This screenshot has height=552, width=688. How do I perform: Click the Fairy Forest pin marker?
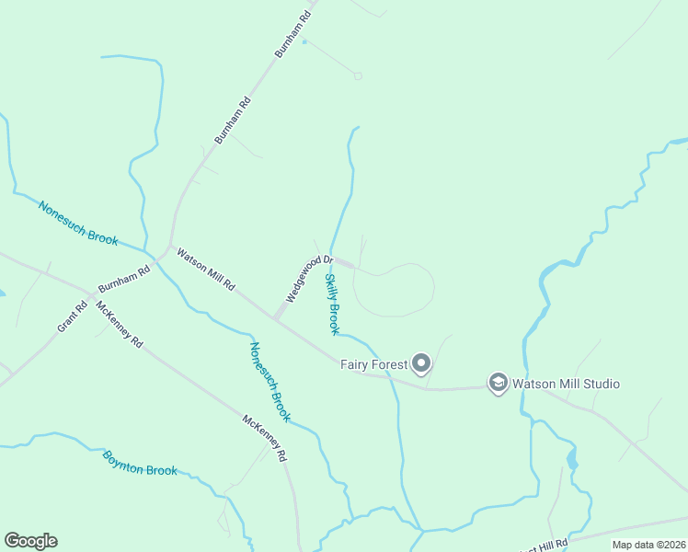point(421,364)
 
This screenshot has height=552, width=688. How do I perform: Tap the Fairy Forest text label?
point(373,365)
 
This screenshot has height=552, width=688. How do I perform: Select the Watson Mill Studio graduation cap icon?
point(498,383)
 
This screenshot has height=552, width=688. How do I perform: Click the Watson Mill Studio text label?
point(566,384)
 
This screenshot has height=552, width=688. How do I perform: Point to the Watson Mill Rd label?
point(206,270)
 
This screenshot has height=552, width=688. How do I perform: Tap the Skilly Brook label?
point(333,304)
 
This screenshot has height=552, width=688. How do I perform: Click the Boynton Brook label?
point(140,463)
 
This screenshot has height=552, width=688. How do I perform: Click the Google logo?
point(30,541)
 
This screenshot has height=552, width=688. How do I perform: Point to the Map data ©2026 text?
point(648,545)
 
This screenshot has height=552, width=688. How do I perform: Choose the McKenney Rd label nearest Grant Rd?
point(120,327)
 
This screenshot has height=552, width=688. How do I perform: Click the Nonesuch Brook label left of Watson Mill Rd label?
point(78,223)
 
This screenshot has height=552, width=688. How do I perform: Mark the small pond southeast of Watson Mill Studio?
point(572,458)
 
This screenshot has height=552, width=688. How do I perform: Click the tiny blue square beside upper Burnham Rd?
point(304,41)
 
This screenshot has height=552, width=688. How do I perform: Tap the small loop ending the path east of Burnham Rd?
point(358,75)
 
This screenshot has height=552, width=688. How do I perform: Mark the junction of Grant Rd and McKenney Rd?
point(89,300)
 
